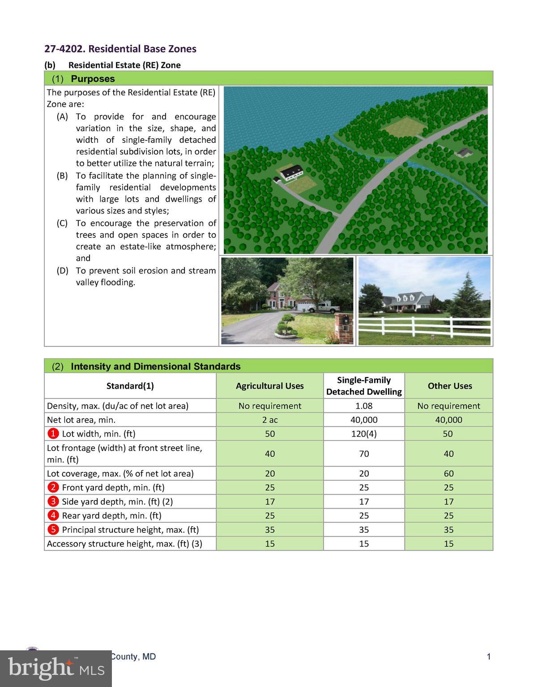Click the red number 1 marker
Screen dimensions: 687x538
pyautogui.click(x=53, y=433)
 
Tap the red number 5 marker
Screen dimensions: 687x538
pyautogui.click(x=53, y=530)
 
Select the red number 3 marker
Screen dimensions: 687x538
pyautogui.click(x=53, y=501)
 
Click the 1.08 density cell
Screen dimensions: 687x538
pyautogui.click(x=364, y=406)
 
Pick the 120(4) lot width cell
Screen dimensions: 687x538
pyautogui.click(x=364, y=433)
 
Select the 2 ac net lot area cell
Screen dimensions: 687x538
pyautogui.click(x=270, y=420)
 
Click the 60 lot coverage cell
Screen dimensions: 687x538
pyautogui.click(x=448, y=473)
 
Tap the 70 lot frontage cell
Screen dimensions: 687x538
pyautogui.click(x=364, y=454)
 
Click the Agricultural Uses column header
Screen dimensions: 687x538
pyautogui.click(x=270, y=386)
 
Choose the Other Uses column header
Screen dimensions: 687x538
pyautogui.click(x=449, y=386)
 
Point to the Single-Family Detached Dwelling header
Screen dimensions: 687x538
pyautogui.click(x=364, y=386)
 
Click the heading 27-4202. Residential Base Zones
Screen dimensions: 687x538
pyautogui.click(x=120, y=49)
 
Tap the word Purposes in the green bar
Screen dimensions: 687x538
pyautogui.click(x=93, y=79)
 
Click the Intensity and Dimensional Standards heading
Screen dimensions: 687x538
pyautogui.click(x=155, y=366)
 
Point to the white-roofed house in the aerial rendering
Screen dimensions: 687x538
pyautogui.click(x=291, y=172)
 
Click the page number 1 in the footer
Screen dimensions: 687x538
pyautogui.click(x=489, y=657)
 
